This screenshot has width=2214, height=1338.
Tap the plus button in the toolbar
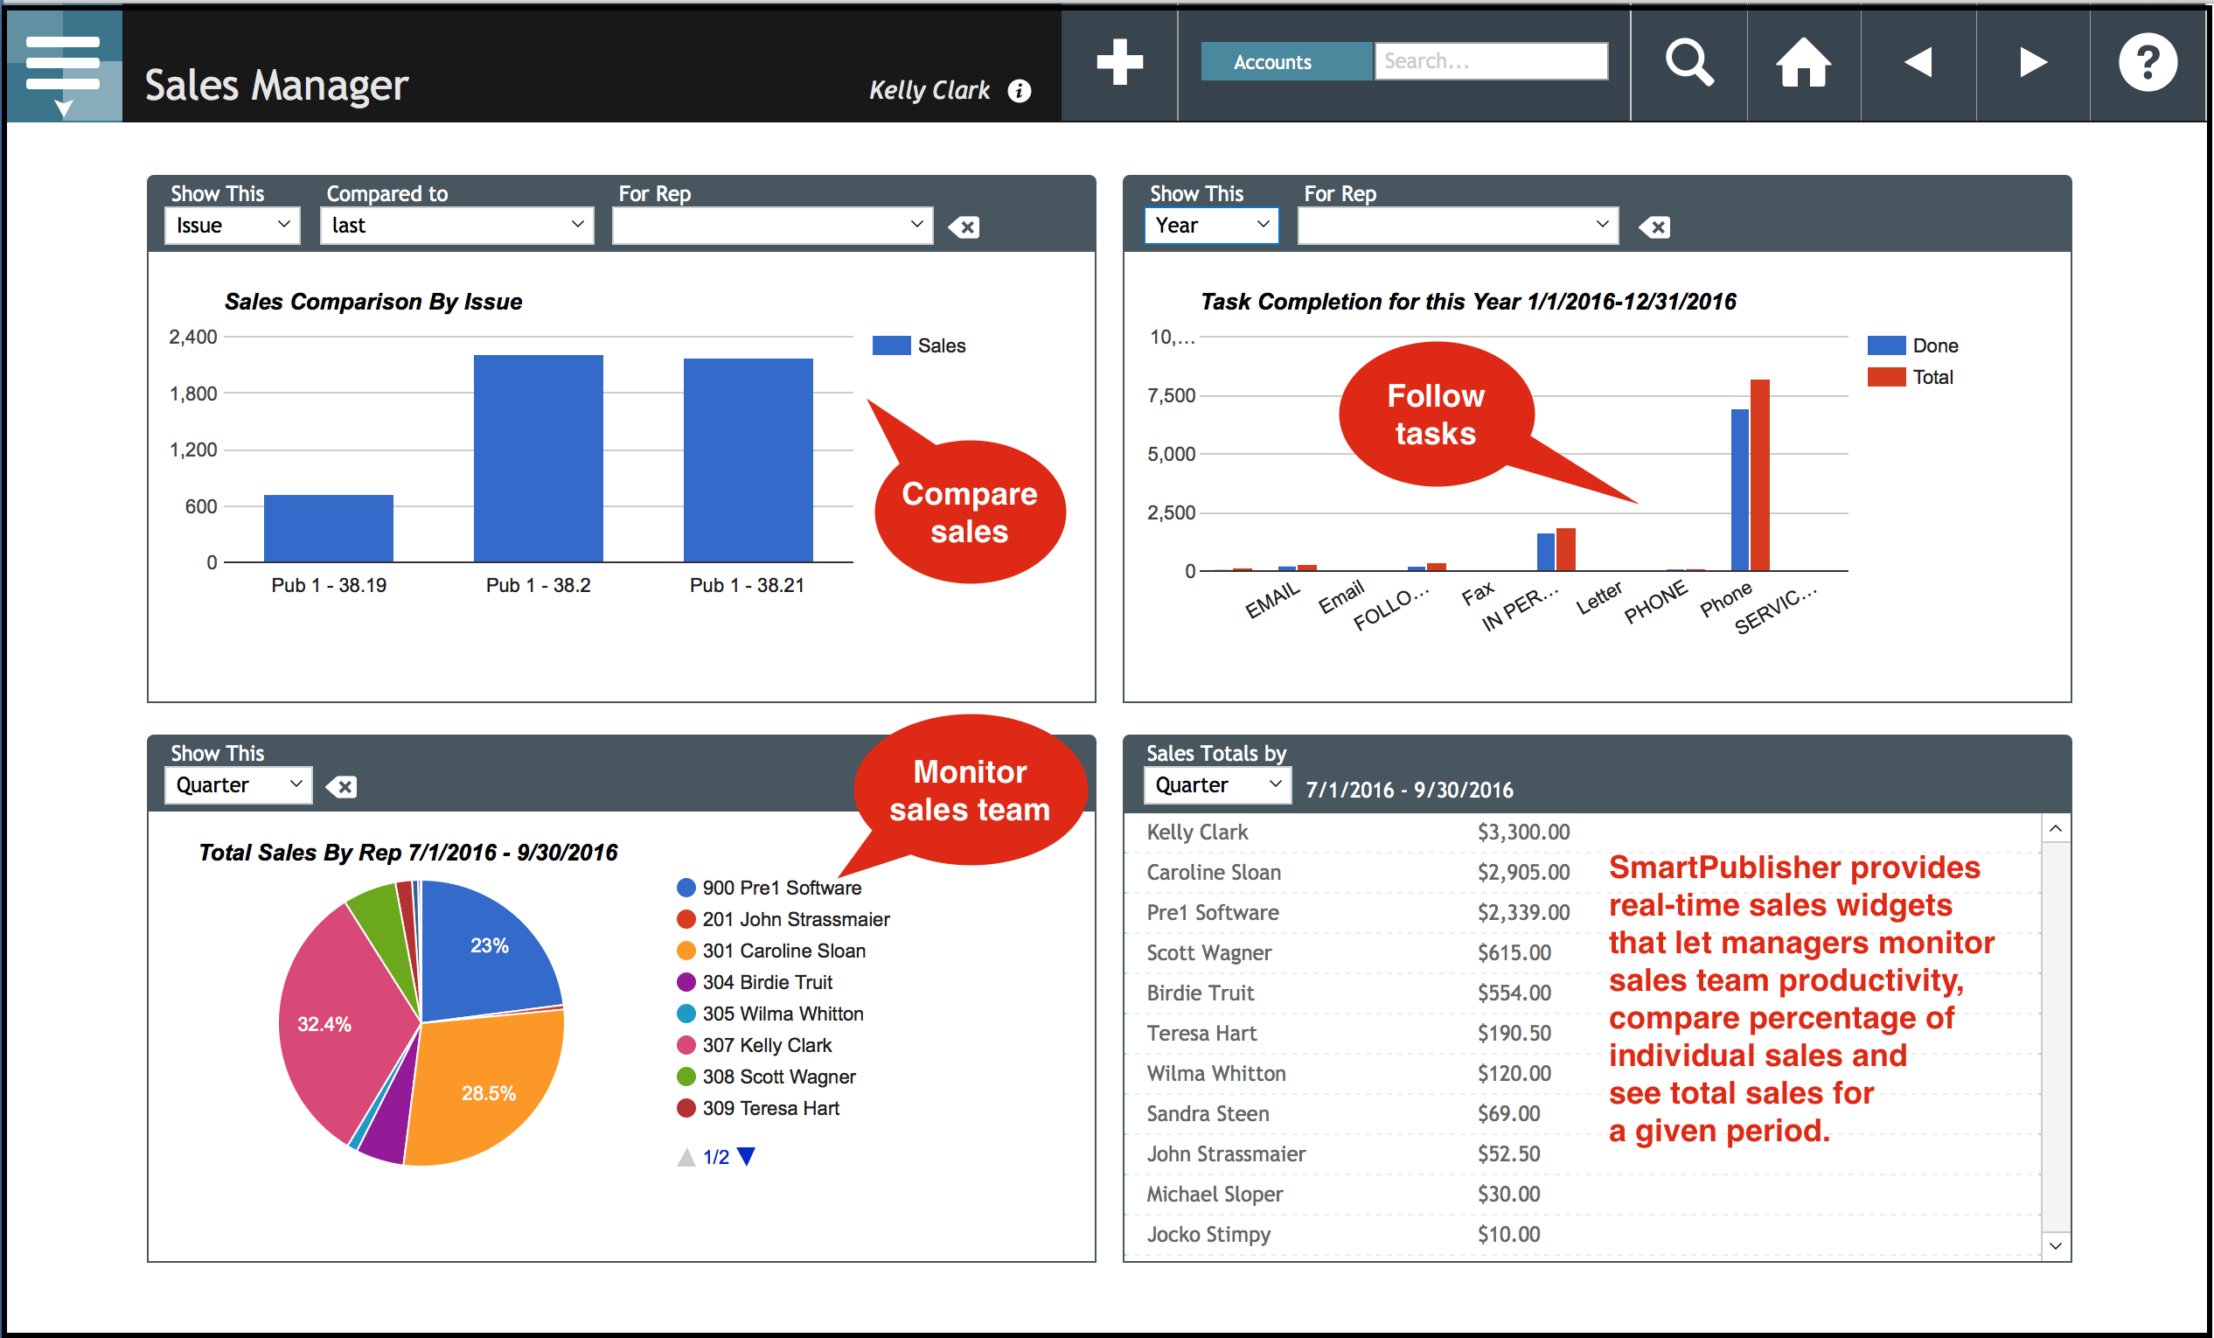[x=1119, y=63]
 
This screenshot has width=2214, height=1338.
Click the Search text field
[x=1491, y=61]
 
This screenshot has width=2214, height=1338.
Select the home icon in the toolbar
[x=1803, y=63]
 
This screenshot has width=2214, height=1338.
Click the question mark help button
[x=2148, y=63]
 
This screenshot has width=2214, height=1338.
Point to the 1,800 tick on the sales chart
[x=193, y=394]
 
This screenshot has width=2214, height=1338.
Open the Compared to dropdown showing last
[x=456, y=226]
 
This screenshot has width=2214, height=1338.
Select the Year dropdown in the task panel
[x=1210, y=226]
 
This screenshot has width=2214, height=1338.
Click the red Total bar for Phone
[x=1759, y=477]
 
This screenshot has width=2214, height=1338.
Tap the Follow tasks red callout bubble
[x=1435, y=415]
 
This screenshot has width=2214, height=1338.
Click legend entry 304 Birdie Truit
[x=767, y=982]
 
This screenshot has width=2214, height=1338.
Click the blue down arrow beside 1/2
[x=746, y=1156]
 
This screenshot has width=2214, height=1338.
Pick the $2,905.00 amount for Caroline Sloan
[x=1523, y=872]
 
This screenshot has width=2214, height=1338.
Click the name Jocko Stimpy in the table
[x=1208, y=1234]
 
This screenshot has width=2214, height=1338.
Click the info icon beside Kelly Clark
[x=1019, y=91]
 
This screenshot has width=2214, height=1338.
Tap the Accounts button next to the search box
[x=1271, y=62]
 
